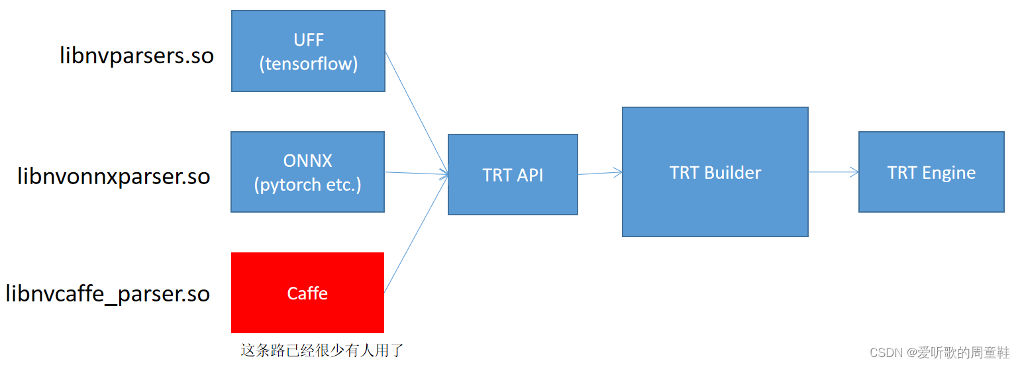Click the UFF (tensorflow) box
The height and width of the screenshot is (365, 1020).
click(308, 51)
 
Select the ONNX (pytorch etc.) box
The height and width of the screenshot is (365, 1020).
click(307, 172)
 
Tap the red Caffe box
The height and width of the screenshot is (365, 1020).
click(307, 292)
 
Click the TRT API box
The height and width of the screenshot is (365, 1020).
click(513, 174)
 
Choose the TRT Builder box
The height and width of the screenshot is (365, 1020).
click(715, 172)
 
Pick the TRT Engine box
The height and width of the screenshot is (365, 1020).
click(931, 172)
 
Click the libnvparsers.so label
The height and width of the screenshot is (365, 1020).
click(136, 56)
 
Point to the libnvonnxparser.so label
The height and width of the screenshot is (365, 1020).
click(114, 176)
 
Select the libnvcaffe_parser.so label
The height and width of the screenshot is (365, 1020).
click(108, 293)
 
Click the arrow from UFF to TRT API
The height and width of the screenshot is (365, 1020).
click(417, 113)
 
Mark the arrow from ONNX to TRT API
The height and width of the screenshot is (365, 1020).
click(416, 174)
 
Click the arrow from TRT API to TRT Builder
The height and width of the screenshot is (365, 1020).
click(600, 173)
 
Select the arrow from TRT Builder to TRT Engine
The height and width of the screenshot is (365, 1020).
click(833, 172)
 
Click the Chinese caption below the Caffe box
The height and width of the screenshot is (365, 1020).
click(322, 350)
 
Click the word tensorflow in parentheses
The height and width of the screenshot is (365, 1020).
click(309, 64)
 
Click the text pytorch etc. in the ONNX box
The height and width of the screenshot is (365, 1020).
click(308, 184)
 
